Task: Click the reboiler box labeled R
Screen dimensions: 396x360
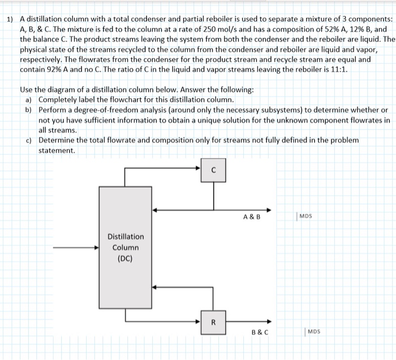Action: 213,323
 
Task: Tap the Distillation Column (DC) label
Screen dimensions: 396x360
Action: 125,248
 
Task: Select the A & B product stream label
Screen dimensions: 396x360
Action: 252,216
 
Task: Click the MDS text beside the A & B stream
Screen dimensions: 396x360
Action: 306,215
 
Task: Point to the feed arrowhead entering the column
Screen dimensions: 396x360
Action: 97,248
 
